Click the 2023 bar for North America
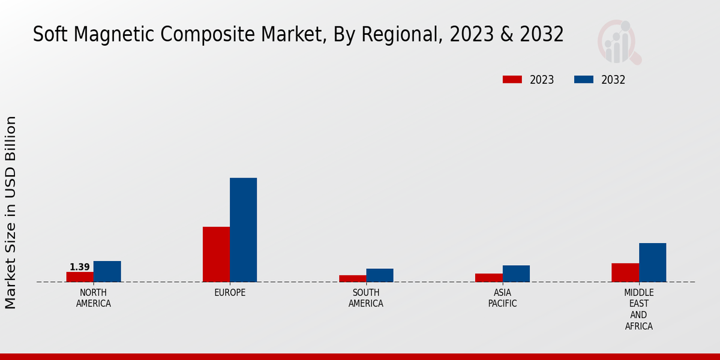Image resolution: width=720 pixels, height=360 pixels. click(x=80, y=277)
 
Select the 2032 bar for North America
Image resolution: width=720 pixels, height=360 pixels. click(x=107, y=271)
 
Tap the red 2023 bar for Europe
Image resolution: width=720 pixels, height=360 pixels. click(x=216, y=254)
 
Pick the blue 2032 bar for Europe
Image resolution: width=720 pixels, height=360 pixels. click(x=243, y=230)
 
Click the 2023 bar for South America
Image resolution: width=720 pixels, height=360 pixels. click(x=352, y=278)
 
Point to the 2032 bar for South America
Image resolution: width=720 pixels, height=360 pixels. click(x=380, y=275)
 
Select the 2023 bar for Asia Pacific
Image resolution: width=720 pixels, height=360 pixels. click(x=488, y=278)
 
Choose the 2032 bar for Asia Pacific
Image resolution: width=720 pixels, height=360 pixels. click(x=516, y=274)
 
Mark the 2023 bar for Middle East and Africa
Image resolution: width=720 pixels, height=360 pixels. click(x=625, y=272)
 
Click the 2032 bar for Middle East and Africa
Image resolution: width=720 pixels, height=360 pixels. click(x=652, y=262)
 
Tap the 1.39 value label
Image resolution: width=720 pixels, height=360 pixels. click(x=80, y=267)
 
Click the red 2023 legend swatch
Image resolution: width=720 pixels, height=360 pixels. click(x=512, y=80)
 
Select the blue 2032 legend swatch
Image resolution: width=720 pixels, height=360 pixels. click(x=584, y=80)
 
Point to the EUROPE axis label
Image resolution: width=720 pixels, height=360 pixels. click(x=230, y=293)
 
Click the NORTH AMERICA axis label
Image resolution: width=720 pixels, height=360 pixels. click(x=94, y=298)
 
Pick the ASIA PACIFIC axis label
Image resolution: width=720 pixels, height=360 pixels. click(x=502, y=298)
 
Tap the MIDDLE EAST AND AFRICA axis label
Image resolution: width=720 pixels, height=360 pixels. click(x=638, y=309)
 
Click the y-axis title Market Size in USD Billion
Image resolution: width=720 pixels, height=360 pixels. click(x=11, y=212)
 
